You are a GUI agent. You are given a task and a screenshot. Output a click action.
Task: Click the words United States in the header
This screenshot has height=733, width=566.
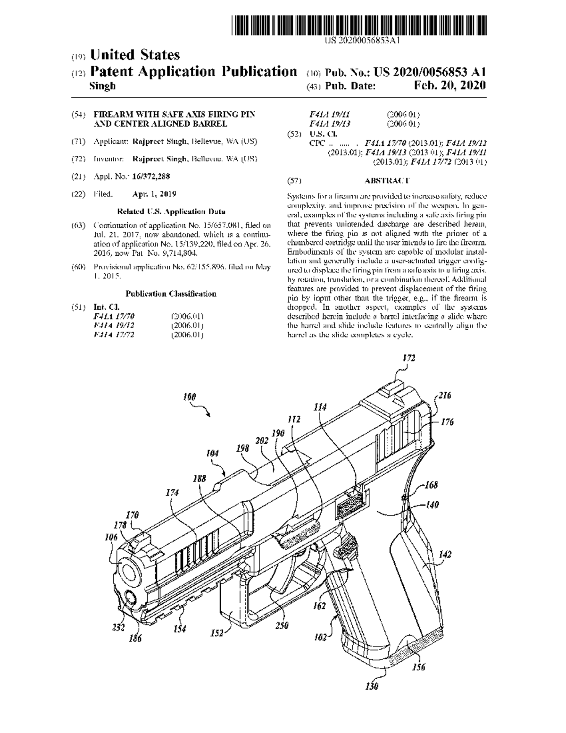point(135,55)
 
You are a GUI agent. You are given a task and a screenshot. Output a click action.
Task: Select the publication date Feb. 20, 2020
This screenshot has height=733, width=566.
point(449,86)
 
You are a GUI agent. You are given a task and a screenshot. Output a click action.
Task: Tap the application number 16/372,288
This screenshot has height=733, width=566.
point(151,177)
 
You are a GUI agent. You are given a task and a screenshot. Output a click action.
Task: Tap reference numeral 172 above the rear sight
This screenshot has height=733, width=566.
point(409,358)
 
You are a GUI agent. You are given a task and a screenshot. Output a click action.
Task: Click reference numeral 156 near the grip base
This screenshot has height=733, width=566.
point(419,667)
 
